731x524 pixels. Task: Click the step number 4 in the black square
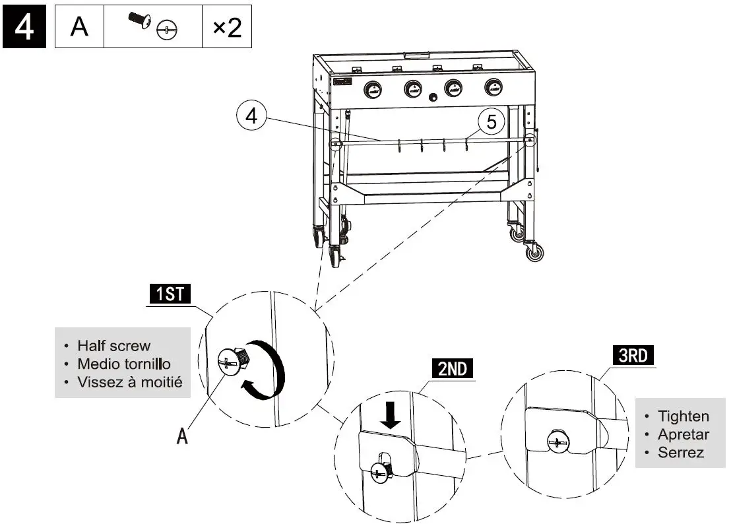[x=24, y=28]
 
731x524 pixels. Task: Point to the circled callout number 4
[x=251, y=117]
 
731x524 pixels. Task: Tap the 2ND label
[x=453, y=369]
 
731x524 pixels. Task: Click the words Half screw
[x=113, y=345]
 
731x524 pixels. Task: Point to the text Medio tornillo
[x=124, y=364]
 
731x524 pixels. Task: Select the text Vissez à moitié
[x=129, y=381]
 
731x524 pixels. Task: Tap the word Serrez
[x=680, y=453]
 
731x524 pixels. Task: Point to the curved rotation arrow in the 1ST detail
[x=267, y=374]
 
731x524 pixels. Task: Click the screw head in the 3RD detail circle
[x=558, y=442]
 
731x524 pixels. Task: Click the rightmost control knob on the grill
[x=492, y=86]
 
